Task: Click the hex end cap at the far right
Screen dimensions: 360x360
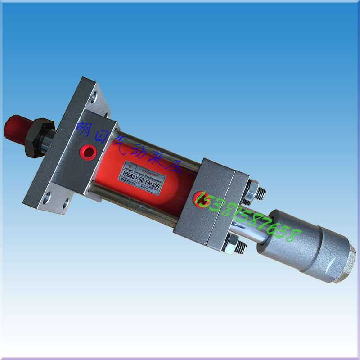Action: tap(346, 267)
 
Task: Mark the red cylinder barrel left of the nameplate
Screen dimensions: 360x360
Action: tap(108, 153)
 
